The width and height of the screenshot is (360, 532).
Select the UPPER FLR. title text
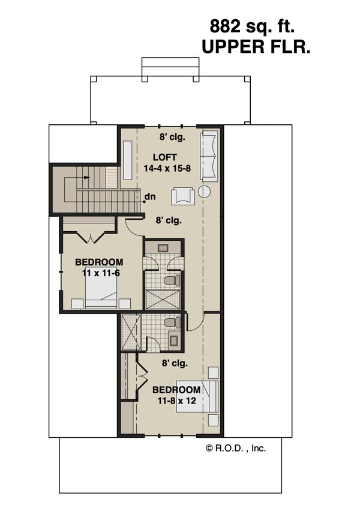(256, 47)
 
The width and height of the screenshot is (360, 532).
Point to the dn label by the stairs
(151, 196)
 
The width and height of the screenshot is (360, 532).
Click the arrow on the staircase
(88, 178)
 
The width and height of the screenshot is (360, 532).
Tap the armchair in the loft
(181, 196)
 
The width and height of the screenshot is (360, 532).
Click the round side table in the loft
(203, 193)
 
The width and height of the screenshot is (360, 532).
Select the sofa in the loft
(209, 155)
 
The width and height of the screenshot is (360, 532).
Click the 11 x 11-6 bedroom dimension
(100, 273)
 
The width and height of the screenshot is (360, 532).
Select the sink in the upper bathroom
(163, 247)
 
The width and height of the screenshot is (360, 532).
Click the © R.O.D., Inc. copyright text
(235, 447)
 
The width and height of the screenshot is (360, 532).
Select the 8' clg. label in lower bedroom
(175, 363)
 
